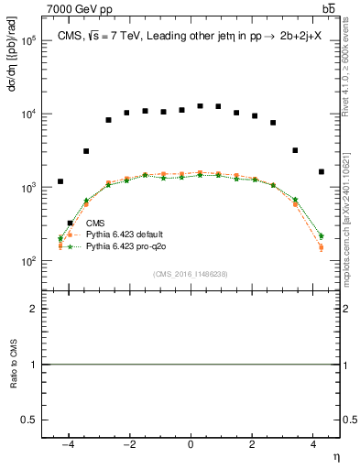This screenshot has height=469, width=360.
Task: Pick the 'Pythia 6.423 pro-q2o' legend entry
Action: [129, 246]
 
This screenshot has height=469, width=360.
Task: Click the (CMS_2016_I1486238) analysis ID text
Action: [191, 274]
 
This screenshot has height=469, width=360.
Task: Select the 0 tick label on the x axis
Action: [191, 444]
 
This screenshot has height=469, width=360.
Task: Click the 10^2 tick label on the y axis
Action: [27, 261]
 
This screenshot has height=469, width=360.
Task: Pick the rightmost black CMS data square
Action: [322, 171]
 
